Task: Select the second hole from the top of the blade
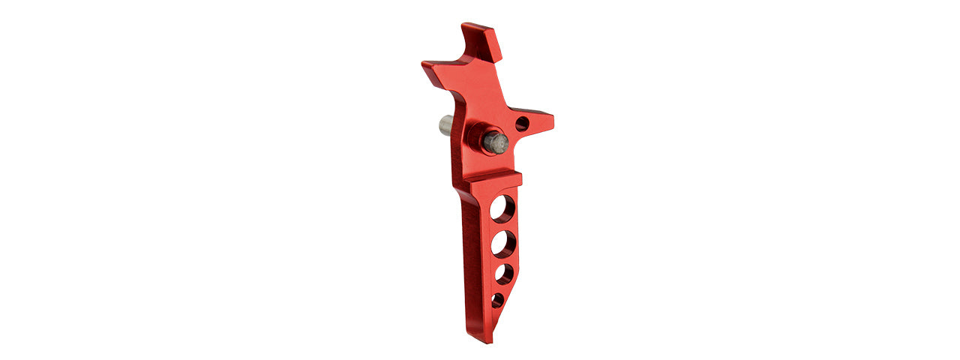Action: coord(503,243)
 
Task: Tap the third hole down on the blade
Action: coord(504,274)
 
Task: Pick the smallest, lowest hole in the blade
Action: coord(497,300)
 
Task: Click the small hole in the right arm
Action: coord(522,124)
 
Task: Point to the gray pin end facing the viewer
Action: coord(496,142)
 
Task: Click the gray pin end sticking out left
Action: coord(445,124)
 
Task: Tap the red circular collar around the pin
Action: coord(475,136)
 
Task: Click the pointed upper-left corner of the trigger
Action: coord(424,64)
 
